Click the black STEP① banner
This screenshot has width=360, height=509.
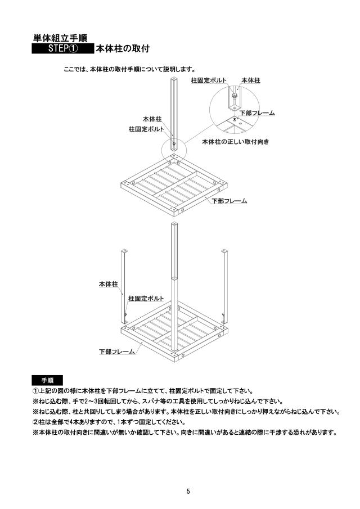pyautogui.click(x=63, y=48)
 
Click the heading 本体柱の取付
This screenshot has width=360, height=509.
pyautogui.click(x=123, y=49)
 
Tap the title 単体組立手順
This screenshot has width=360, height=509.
pyautogui.click(x=60, y=38)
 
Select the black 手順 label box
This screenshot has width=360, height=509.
pyautogui.click(x=47, y=380)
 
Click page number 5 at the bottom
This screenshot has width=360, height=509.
pyautogui.click(x=188, y=491)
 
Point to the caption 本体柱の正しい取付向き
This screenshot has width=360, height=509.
pyautogui.click(x=236, y=142)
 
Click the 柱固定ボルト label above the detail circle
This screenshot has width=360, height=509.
pyautogui.click(x=209, y=80)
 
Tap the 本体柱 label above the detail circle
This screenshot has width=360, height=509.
pyautogui.click(x=251, y=80)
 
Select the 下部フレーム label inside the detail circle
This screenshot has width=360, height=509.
pyautogui.click(x=257, y=113)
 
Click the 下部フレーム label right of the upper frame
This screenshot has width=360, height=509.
pyautogui.click(x=229, y=201)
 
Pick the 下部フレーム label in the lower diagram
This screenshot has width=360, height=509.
pyautogui.click(x=117, y=351)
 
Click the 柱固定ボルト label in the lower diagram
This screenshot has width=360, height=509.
pyautogui.click(x=146, y=298)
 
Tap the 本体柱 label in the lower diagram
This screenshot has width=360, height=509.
pyautogui.click(x=109, y=284)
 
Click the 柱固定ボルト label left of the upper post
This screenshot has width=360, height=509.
pyautogui.click(x=146, y=129)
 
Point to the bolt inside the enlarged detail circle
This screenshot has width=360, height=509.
pyautogui.click(x=234, y=96)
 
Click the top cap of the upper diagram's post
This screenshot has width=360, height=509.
pyautogui.click(x=174, y=79)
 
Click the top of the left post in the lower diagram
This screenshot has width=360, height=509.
pyautogui.click(x=124, y=251)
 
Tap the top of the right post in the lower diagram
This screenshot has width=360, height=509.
pyautogui.click(x=224, y=251)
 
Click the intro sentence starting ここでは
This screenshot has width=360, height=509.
pyautogui.click(x=129, y=69)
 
